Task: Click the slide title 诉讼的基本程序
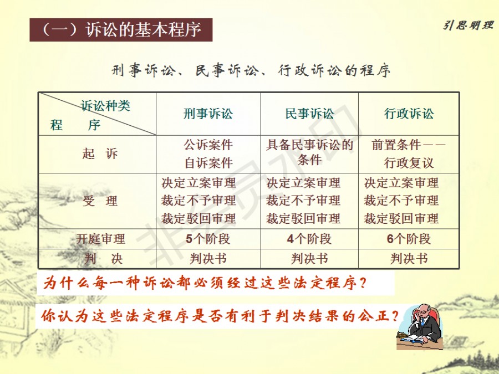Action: click(x=143, y=30)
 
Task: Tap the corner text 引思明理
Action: click(x=468, y=25)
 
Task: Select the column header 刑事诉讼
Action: click(x=208, y=114)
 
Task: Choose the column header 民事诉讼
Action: click(x=309, y=114)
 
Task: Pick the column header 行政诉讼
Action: click(x=409, y=114)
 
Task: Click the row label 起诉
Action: click(x=100, y=154)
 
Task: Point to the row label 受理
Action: click(x=100, y=201)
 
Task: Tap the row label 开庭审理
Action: click(x=100, y=239)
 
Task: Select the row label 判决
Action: click(x=103, y=259)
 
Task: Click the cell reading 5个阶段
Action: click(x=208, y=239)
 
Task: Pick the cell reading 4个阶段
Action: click(x=309, y=239)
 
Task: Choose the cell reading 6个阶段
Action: click(x=409, y=239)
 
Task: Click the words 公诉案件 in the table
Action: click(x=208, y=145)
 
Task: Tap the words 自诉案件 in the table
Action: click(x=208, y=163)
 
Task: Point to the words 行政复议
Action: click(x=409, y=163)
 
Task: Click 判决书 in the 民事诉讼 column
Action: click(x=309, y=259)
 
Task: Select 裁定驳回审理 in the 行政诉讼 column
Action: click(x=401, y=218)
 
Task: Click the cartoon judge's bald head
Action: click(x=424, y=308)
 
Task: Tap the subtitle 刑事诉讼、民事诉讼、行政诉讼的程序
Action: click(x=251, y=70)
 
